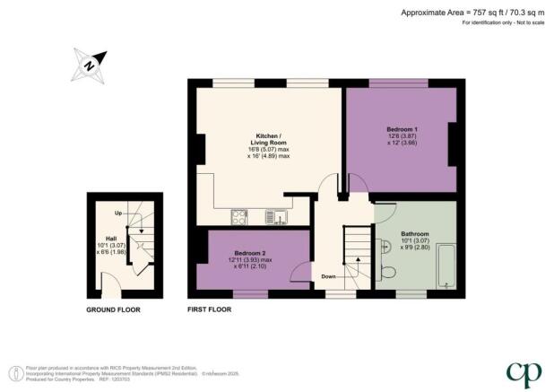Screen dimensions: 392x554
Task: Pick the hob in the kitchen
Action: (x=240, y=215)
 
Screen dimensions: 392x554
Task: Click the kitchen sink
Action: (x=276, y=215)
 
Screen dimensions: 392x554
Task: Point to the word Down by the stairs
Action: (x=329, y=277)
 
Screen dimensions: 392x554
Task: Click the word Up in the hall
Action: (x=118, y=214)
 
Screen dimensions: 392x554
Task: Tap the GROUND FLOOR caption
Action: (x=113, y=309)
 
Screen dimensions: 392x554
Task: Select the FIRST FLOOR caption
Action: (x=209, y=309)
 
